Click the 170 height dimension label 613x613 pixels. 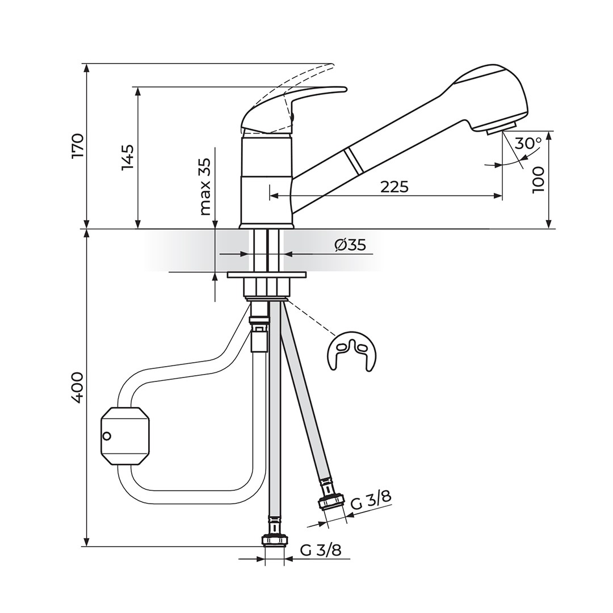tap(78, 146)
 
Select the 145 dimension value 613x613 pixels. tap(127, 158)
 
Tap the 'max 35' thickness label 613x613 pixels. tap(205, 187)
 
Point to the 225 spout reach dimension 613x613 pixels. tap(394, 186)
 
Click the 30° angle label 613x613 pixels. tap(527, 142)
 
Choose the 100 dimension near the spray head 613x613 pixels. tap(538, 180)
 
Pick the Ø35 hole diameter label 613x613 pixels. tap(350, 245)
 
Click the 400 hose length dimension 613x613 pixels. tap(78, 388)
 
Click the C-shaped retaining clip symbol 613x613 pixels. tap(352, 351)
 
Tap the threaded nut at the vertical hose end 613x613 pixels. tap(274, 540)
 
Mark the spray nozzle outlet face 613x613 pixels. tap(502, 128)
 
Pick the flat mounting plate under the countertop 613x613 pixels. tap(266, 275)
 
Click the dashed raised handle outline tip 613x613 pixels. tap(331, 66)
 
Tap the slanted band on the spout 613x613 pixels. tap(354, 161)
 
